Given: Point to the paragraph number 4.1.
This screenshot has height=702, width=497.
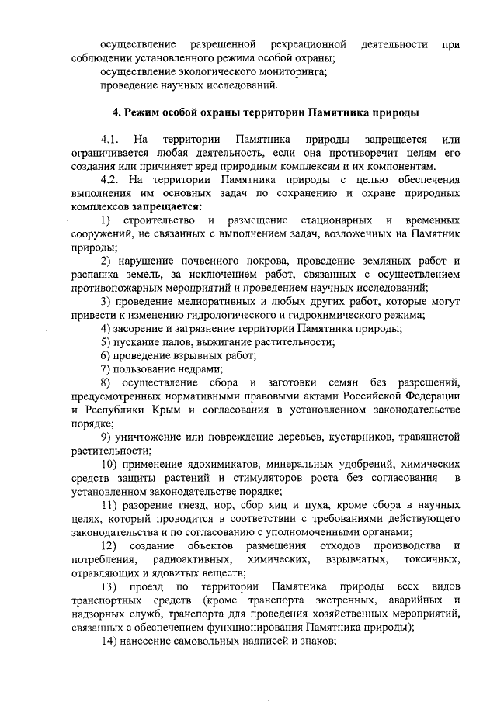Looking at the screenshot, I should click(110, 140).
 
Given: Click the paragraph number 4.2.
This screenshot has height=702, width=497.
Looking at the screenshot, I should click(110, 180).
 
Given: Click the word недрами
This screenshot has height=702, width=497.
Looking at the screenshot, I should click(199, 369).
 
